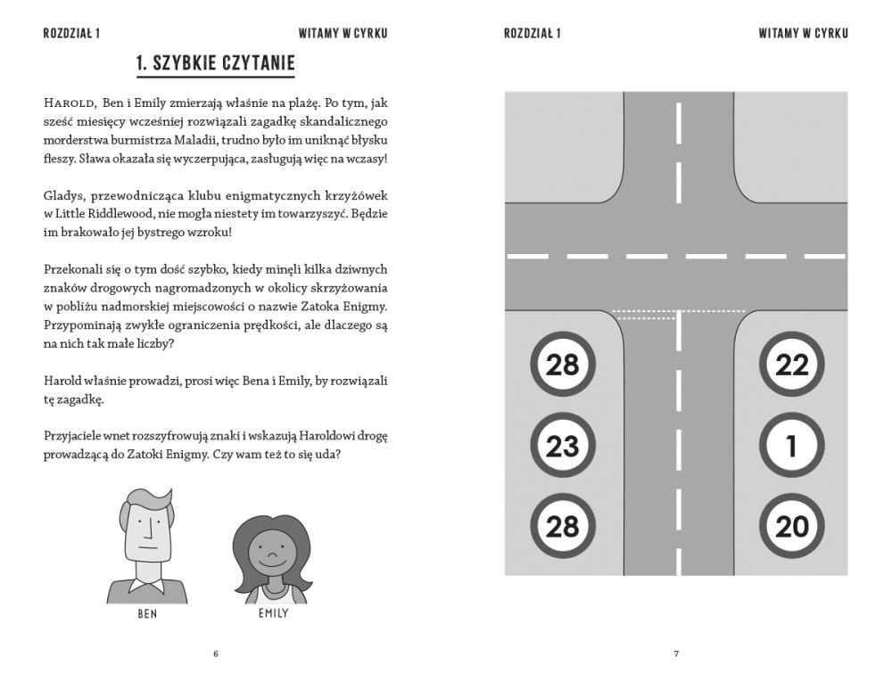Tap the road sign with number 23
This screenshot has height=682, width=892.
(562, 445)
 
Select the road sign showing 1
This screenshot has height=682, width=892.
(791, 445)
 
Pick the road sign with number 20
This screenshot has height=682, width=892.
(791, 526)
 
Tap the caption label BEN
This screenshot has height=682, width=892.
(146, 614)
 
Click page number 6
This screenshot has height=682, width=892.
(215, 653)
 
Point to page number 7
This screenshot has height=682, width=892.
(676, 653)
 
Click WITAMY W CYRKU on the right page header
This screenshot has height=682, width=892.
(803, 34)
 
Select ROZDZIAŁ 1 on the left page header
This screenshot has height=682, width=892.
(71, 34)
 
